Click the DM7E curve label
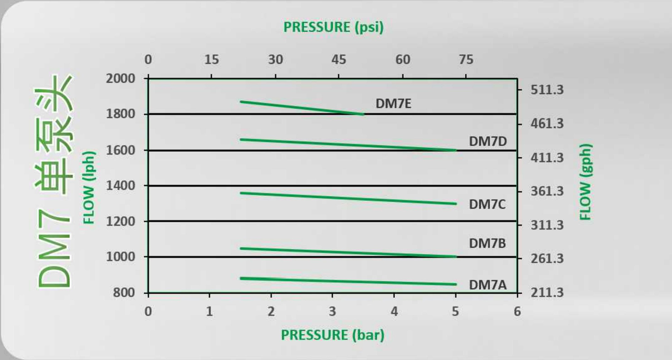click(393, 104)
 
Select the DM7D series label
click(488, 141)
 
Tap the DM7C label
click(487, 204)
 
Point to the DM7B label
click(487, 243)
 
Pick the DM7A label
click(487, 285)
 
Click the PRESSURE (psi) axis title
click(334, 27)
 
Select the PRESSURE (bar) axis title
click(333, 335)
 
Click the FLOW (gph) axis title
click(585, 182)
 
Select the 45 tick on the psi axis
click(339, 59)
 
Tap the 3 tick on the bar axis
click(332, 311)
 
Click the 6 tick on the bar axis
click(517, 311)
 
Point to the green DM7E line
click(302, 108)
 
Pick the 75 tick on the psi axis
click(466, 59)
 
